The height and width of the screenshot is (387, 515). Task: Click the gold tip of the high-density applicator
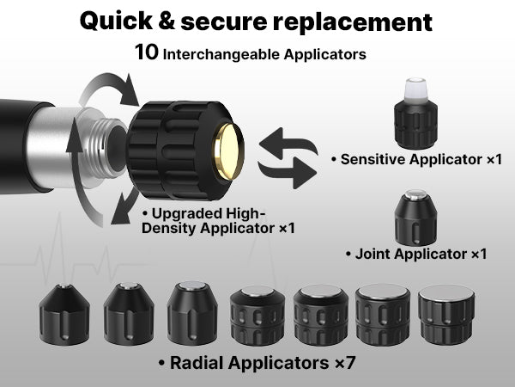[229, 152]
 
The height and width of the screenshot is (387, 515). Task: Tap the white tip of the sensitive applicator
[415, 90]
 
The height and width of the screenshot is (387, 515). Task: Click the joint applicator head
[415, 218]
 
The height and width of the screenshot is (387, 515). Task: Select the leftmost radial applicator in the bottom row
[64, 314]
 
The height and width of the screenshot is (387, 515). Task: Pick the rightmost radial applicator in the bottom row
[446, 315]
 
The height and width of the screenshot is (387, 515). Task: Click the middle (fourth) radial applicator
[257, 316]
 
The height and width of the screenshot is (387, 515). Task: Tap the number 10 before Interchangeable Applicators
[147, 52]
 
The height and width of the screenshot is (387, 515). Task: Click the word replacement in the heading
[353, 22]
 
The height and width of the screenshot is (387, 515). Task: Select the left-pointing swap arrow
[288, 143]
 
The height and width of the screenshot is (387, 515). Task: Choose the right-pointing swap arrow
[288, 173]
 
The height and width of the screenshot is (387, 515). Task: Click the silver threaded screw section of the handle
[102, 148]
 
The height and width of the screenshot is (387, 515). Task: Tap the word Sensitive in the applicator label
[373, 159]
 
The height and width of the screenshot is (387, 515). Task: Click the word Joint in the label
[373, 254]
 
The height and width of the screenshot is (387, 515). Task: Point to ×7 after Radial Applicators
[345, 363]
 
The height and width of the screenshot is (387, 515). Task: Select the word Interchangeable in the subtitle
[221, 55]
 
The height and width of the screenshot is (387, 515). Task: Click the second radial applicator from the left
[129, 314]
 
